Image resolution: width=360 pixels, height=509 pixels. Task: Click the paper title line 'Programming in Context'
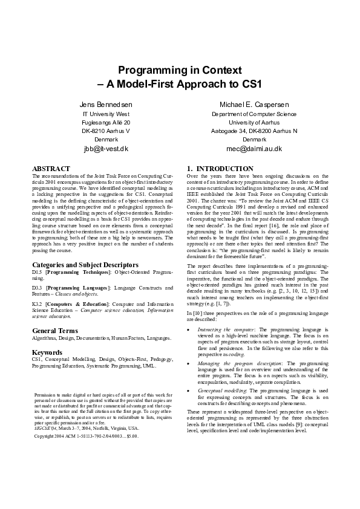pyautogui.click(x=180, y=70)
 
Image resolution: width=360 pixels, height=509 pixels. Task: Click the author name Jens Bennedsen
pyautogui.click(x=106, y=105)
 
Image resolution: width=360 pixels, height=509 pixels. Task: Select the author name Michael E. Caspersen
pyautogui.click(x=254, y=105)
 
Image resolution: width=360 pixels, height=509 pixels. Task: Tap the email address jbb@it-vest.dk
pyautogui.click(x=106, y=149)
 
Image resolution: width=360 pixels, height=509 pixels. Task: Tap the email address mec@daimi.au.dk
pyautogui.click(x=254, y=149)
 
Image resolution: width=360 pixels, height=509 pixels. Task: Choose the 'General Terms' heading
pyautogui.click(x=55, y=331)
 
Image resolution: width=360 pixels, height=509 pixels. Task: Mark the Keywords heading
pyautogui.click(x=47, y=352)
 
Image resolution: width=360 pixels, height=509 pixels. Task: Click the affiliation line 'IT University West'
pyautogui.click(x=106, y=114)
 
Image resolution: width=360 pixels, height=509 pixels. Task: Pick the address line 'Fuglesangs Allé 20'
pyautogui.click(x=106, y=122)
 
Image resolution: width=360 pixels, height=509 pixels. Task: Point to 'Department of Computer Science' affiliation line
pyautogui.click(x=254, y=114)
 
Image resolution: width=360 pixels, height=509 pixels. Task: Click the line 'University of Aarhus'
pyautogui.click(x=254, y=122)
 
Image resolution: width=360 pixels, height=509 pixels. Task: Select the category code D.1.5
pyautogui.click(x=37, y=273)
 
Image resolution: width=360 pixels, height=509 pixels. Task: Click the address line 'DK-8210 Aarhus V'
pyautogui.click(x=106, y=131)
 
